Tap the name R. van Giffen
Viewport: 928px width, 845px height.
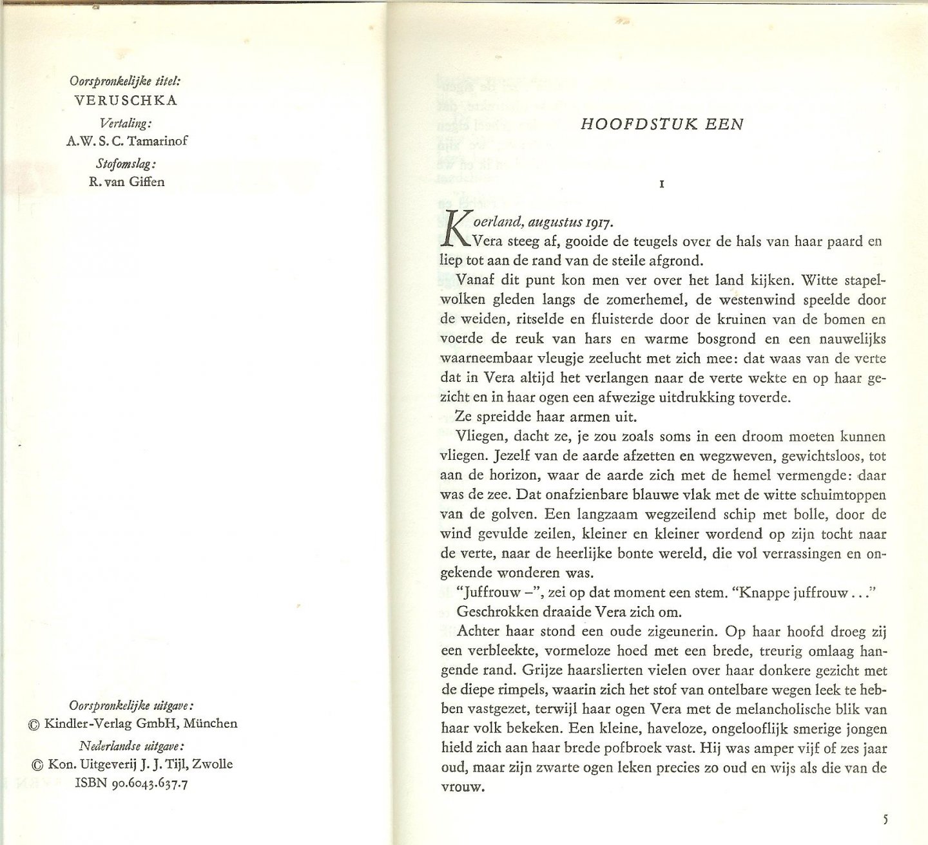[x=126, y=182]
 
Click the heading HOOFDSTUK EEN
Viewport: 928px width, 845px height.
[x=662, y=124]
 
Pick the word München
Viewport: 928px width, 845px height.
[x=210, y=723]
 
